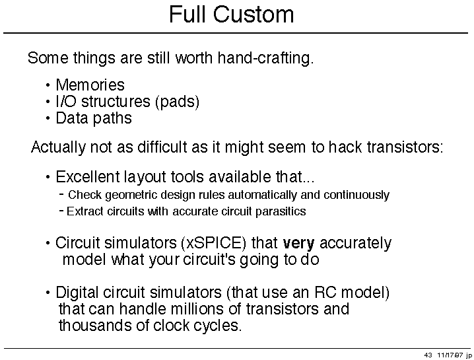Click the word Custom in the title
pyautogui.click(x=254, y=15)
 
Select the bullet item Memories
pyautogui.click(x=90, y=85)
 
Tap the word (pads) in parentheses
pyautogui.click(x=177, y=102)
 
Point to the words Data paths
pyautogui.click(x=94, y=118)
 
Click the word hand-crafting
pyautogui.click(x=266, y=57)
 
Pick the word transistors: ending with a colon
pyautogui.click(x=405, y=147)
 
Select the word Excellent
pyautogui.click(x=88, y=176)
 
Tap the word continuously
pyautogui.click(x=356, y=195)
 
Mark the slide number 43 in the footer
pyautogui.click(x=428, y=355)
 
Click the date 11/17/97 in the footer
pyautogui.click(x=449, y=355)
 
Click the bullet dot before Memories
pyautogui.click(x=48, y=85)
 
